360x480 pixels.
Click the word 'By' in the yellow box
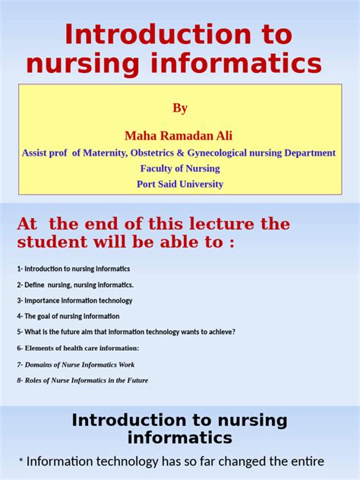pyautogui.click(x=179, y=108)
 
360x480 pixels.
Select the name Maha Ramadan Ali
pyautogui.click(x=179, y=135)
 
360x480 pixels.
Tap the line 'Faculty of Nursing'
pyautogui.click(x=179, y=168)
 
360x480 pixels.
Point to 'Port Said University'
pyautogui.click(x=180, y=184)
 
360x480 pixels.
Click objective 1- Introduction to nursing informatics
pyautogui.click(x=73, y=269)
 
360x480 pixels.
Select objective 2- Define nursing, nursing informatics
pyautogui.click(x=75, y=285)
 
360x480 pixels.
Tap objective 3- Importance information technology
pyautogui.click(x=74, y=301)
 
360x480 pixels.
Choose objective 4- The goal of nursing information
pyautogui.click(x=68, y=316)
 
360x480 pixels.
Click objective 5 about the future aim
pyautogui.click(x=126, y=332)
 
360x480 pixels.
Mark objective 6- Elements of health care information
pyautogui.click(x=78, y=348)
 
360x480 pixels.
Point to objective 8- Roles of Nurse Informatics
pyautogui.click(x=82, y=381)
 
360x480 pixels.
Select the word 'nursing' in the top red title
pyautogui.click(x=82, y=64)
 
